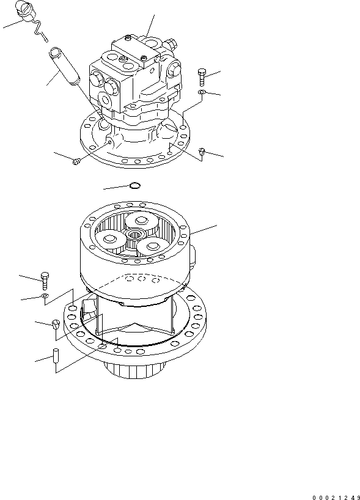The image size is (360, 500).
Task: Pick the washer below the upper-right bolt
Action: tap(202, 93)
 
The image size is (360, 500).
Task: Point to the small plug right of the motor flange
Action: tap(202, 151)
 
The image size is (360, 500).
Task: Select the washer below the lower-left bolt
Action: tap(46, 297)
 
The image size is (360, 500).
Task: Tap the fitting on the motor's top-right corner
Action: tap(171, 44)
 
